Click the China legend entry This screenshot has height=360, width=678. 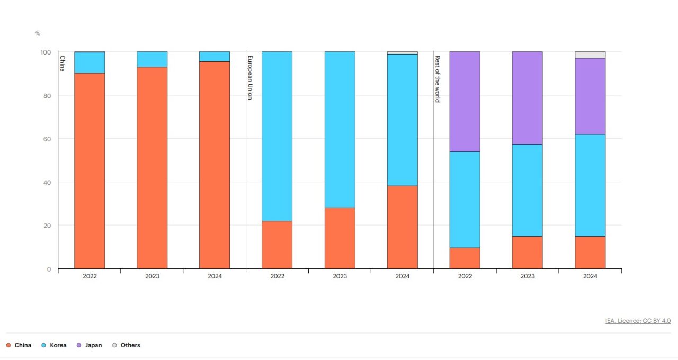point(19,345)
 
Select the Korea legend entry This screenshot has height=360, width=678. point(54,345)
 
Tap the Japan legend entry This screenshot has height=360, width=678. point(90,345)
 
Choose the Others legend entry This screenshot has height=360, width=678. point(126,345)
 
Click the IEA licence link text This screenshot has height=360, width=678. point(638,321)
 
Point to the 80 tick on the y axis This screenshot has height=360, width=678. point(48,96)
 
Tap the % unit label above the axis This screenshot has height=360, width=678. point(38,34)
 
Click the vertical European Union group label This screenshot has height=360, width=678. point(250,77)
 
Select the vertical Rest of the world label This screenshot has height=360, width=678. point(438,79)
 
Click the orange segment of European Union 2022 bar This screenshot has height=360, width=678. point(277,245)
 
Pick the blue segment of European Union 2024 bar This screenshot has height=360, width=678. point(402,120)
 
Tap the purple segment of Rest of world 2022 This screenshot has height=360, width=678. point(465,102)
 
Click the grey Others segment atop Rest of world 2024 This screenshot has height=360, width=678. point(590,55)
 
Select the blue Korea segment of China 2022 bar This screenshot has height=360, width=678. point(90,62)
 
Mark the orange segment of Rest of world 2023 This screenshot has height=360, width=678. point(527,253)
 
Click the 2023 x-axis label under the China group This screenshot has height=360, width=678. point(152,276)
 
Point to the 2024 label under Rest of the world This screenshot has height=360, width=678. point(590,276)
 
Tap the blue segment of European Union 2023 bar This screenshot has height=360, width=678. point(340,130)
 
